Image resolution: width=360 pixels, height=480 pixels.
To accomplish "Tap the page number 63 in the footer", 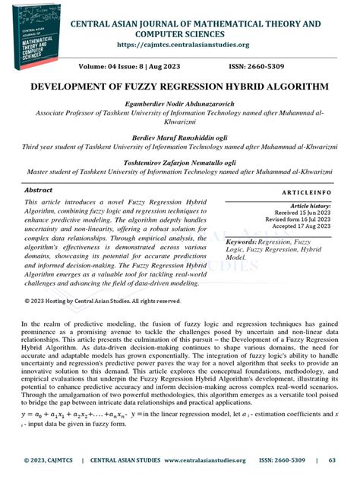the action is point(332,460).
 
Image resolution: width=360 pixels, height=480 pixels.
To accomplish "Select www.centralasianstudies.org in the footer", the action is point(204,460).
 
